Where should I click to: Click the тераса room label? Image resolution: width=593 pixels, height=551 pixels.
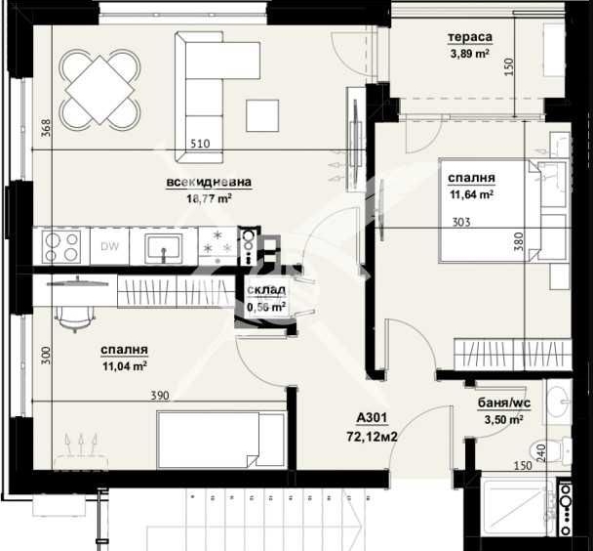point(470,38)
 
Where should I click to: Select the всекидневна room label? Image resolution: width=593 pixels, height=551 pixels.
point(210,182)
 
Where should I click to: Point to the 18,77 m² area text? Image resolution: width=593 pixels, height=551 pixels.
point(210,198)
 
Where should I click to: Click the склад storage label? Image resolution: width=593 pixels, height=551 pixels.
point(265,290)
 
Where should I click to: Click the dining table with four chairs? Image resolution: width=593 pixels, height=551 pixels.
point(99,89)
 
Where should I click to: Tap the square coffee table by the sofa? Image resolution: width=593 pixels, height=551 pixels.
point(262,115)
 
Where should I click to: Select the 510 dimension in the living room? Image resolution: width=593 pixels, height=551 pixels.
point(199,144)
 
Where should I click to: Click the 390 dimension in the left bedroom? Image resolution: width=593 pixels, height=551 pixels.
point(159,395)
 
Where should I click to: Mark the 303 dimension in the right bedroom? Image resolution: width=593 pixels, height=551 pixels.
point(462,222)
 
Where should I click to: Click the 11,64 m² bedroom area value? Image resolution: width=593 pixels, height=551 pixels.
point(470,194)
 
